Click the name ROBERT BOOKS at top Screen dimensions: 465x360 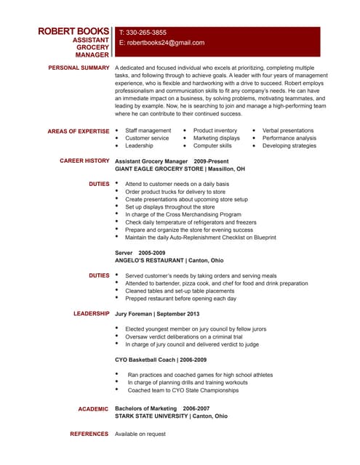(x=74, y=32)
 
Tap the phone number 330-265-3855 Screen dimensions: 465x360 (x=146, y=33)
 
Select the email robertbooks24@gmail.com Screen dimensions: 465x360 (x=161, y=43)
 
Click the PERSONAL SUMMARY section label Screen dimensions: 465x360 (x=79, y=67)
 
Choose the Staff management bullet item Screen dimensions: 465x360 (x=148, y=130)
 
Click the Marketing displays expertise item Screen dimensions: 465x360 (x=216, y=138)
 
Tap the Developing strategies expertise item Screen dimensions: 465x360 (x=289, y=145)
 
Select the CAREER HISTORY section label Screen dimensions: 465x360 (x=85, y=160)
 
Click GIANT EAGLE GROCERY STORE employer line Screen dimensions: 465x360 (x=180, y=168)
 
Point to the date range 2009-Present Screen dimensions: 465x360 (x=211, y=160)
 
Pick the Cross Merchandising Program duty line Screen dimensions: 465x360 (x=183, y=214)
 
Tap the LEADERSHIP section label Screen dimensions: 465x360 (x=92, y=313)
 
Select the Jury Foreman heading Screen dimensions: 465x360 (x=157, y=313)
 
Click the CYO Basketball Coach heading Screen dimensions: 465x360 (x=161, y=360)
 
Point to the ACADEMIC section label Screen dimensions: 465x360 (x=94, y=409)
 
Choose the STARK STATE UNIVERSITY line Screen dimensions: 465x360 (x=171, y=416)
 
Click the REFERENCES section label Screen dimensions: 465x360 (x=89, y=434)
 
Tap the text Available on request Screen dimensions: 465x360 (x=140, y=434)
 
